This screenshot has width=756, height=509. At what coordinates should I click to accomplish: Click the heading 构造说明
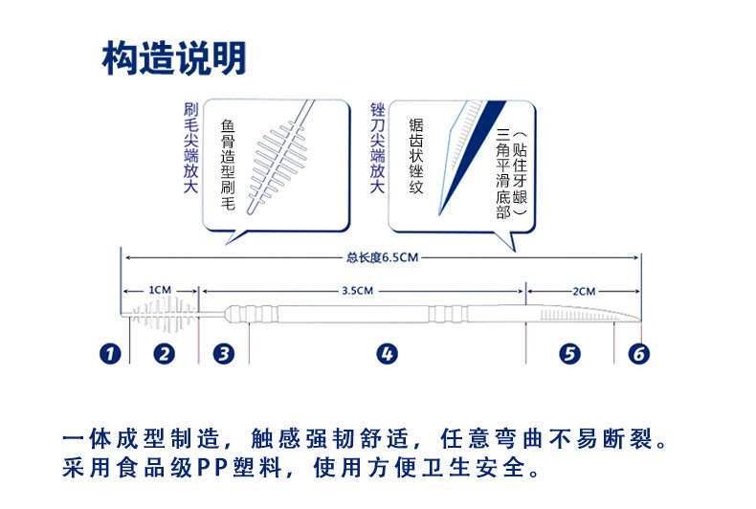point(174,59)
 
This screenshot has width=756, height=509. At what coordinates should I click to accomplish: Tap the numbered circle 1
point(112,354)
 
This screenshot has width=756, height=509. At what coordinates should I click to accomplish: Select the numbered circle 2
point(166,354)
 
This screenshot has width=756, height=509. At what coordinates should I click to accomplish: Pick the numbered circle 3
point(224,354)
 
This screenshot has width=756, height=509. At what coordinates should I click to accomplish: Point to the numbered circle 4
point(387,354)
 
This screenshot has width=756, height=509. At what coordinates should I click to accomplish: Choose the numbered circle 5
point(569,354)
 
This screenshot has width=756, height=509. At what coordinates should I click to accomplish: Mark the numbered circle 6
point(638,354)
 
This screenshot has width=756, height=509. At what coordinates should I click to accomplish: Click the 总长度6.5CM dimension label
point(383,256)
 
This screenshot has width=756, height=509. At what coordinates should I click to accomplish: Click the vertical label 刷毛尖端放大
point(189,149)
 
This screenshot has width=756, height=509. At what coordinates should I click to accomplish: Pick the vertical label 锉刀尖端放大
point(377,149)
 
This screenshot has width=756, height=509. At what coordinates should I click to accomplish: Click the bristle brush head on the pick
point(164,316)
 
